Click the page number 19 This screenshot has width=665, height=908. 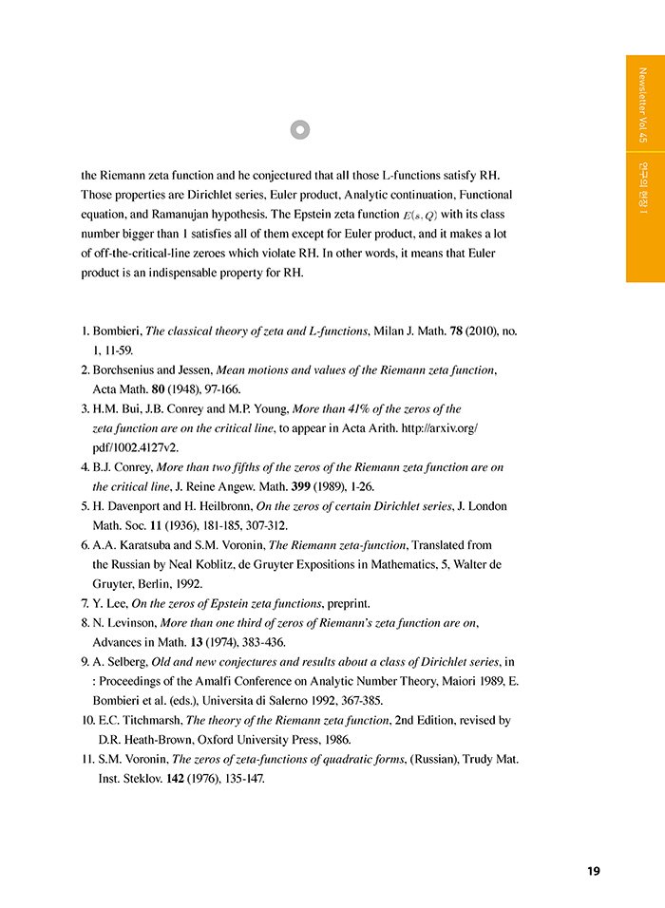[x=593, y=871]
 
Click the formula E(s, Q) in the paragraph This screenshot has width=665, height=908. [x=418, y=216]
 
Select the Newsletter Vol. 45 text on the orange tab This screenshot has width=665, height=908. [x=643, y=104]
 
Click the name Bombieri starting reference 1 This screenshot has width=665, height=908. [x=117, y=331]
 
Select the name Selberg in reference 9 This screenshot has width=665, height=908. [x=126, y=661]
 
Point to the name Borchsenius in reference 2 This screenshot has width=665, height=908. [x=128, y=369]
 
